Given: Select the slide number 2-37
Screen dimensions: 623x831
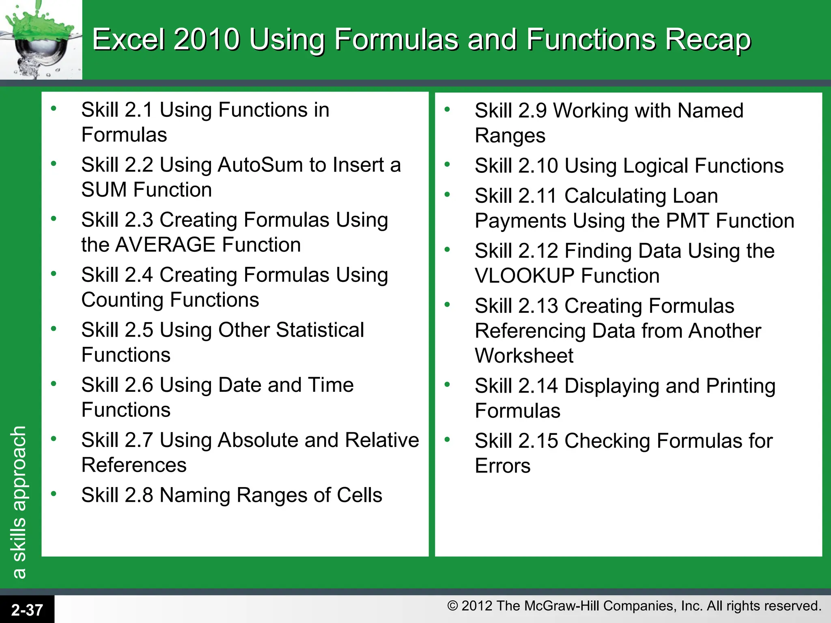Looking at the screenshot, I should (x=27, y=610).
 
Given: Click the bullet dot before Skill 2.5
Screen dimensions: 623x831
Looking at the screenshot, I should (x=54, y=329).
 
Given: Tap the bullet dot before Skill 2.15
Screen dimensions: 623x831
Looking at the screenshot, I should (x=447, y=439).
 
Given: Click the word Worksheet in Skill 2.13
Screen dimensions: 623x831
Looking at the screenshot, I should (x=524, y=356).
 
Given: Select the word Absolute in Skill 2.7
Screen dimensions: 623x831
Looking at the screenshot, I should (x=258, y=440).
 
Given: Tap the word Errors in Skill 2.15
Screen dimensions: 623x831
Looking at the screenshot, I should (x=502, y=466).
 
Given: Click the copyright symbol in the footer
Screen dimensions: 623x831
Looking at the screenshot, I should (x=452, y=606).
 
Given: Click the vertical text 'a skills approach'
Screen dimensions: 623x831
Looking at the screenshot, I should (x=19, y=502).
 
